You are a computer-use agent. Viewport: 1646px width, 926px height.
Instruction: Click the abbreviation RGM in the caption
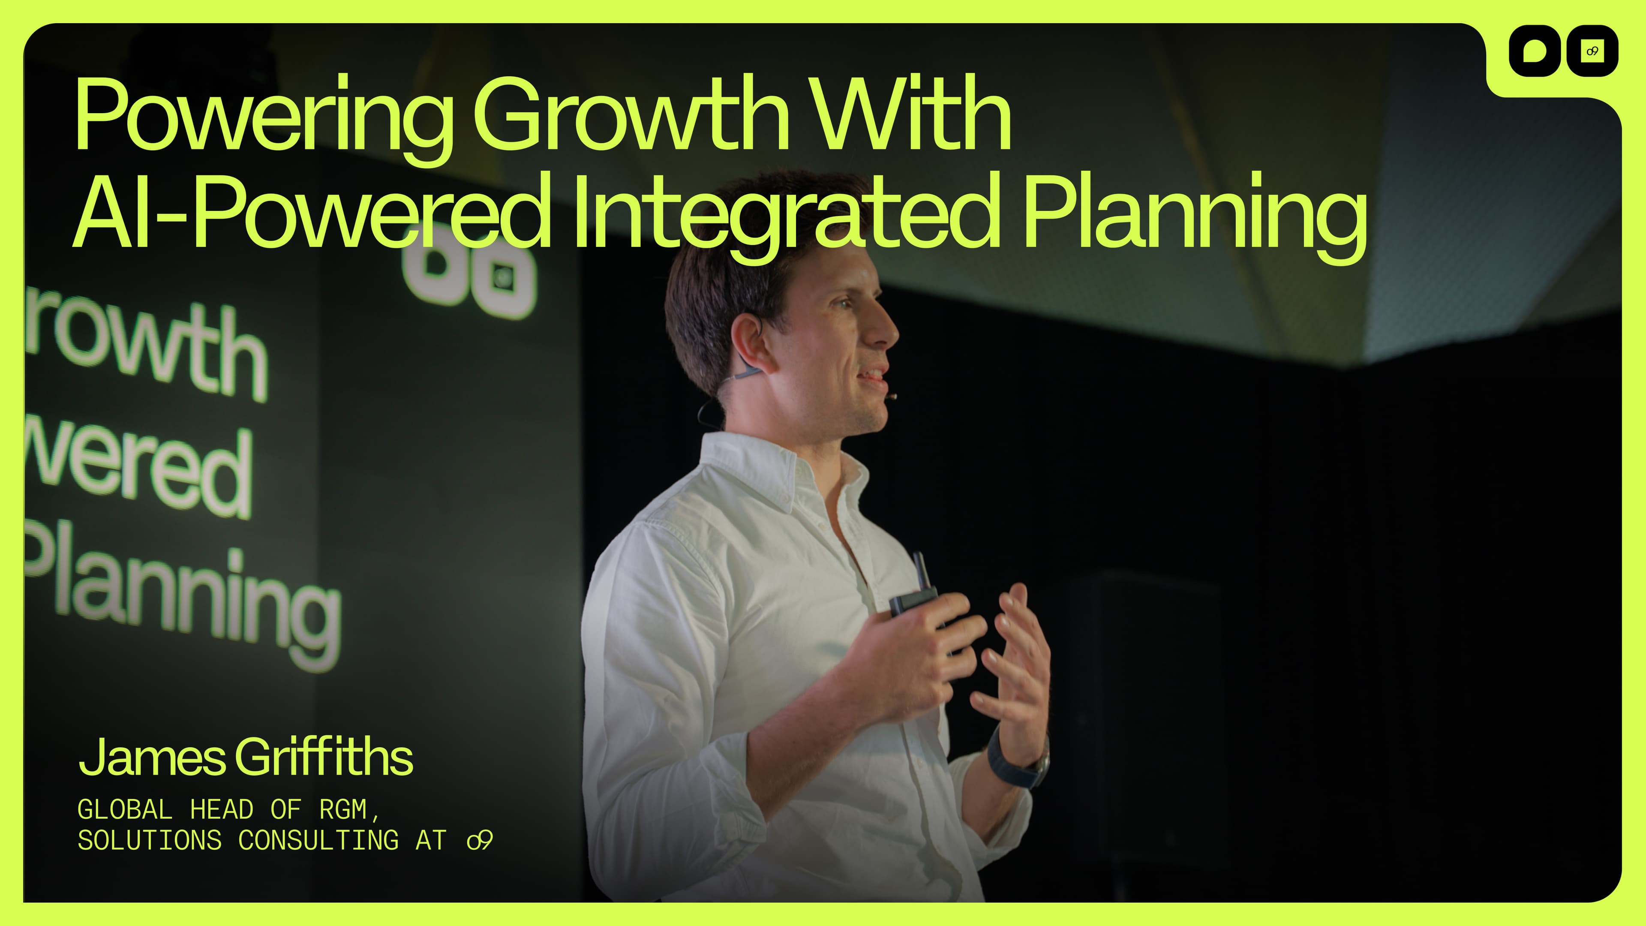tap(343, 810)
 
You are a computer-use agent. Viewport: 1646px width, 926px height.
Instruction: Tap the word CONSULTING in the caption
tap(318, 840)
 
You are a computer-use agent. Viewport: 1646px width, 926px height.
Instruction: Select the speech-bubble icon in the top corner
tap(1535, 51)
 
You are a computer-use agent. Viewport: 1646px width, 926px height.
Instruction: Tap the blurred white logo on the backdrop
tap(470, 272)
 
